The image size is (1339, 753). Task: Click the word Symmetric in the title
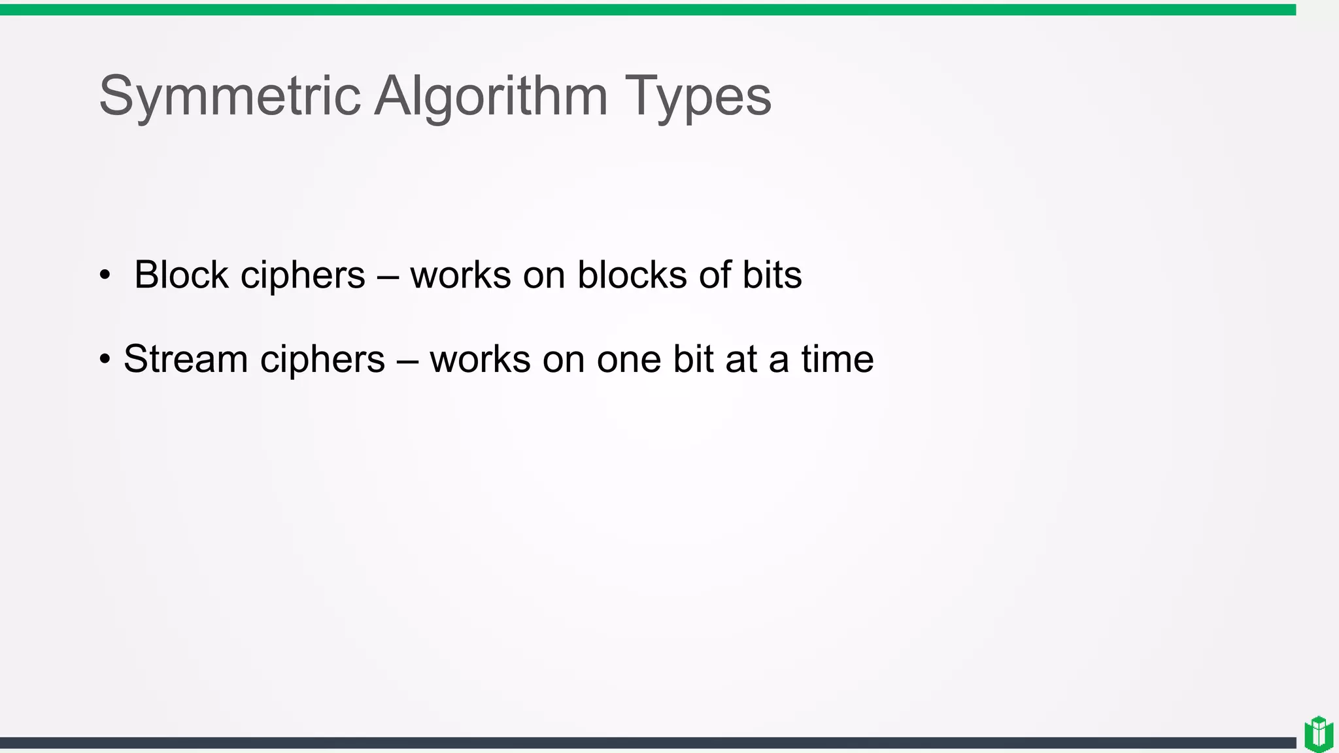pyautogui.click(x=229, y=97)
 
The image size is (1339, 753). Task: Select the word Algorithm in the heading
pyautogui.click(x=491, y=97)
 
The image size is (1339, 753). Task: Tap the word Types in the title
pyautogui.click(x=698, y=97)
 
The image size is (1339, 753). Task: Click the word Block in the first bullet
pyautogui.click(x=181, y=275)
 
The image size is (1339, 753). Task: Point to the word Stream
pyautogui.click(x=186, y=359)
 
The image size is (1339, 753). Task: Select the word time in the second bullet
pyautogui.click(x=838, y=359)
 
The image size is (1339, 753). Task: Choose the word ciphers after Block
pyautogui.click(x=303, y=276)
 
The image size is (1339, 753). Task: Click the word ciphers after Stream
pyautogui.click(x=322, y=360)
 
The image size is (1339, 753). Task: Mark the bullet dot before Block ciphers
pyautogui.click(x=105, y=275)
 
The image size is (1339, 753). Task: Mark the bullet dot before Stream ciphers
pyautogui.click(x=105, y=360)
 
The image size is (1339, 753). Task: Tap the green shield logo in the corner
pyautogui.click(x=1319, y=733)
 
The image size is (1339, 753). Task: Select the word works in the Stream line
pyautogui.click(x=480, y=359)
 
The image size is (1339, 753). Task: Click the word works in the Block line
pyautogui.click(x=460, y=275)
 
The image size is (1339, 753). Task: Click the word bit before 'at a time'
pyautogui.click(x=693, y=359)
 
